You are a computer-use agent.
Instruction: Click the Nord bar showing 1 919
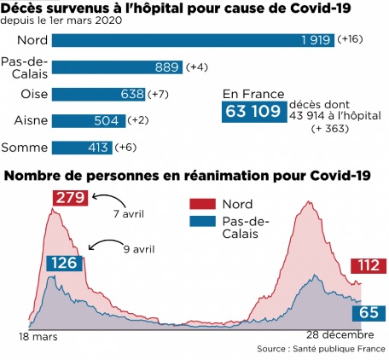tap(193, 40)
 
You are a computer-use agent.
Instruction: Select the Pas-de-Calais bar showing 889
tap(117, 67)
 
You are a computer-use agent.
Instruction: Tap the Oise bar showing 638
tap(98, 94)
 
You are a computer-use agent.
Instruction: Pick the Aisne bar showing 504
tap(89, 121)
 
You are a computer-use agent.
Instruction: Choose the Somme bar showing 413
tap(82, 148)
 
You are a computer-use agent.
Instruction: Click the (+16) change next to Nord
tap(350, 39)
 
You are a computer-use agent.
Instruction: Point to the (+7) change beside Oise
tap(160, 94)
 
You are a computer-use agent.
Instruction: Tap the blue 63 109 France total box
tap(254, 111)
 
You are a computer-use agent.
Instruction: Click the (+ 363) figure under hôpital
tap(330, 129)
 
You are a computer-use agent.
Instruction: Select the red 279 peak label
tap(70, 198)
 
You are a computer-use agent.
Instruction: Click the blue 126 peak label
tap(65, 263)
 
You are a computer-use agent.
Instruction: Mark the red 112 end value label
tap(369, 265)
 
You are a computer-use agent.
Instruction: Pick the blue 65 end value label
tap(369, 313)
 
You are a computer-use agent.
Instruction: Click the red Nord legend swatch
tap(202, 204)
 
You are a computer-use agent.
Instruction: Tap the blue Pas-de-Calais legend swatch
tap(202, 221)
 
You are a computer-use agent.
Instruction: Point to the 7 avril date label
tap(129, 214)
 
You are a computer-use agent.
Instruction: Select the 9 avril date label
tap(139, 249)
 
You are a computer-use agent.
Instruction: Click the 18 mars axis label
tap(38, 337)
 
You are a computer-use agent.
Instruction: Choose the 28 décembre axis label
tap(340, 335)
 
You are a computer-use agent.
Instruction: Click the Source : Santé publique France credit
tap(322, 349)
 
